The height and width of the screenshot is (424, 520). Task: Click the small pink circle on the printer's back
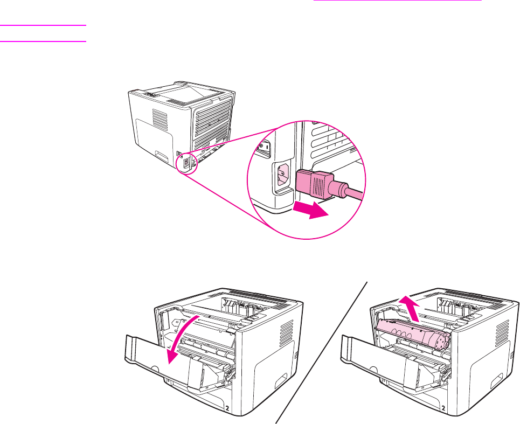186,162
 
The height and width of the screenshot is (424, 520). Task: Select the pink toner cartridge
412,335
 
